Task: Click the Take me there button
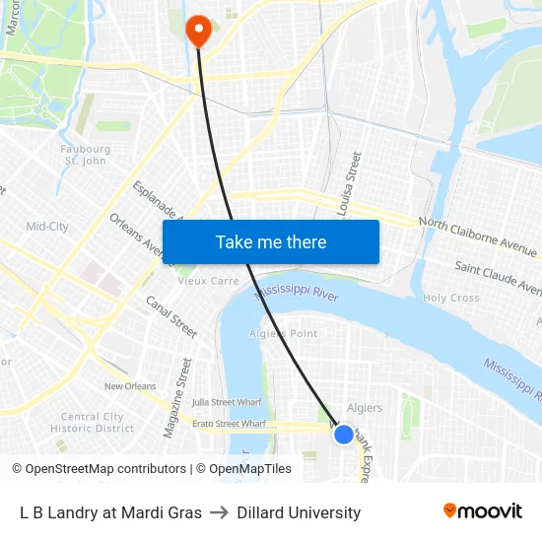[x=271, y=241]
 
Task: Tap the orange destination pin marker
[x=199, y=30]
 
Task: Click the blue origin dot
[x=343, y=434]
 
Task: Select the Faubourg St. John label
[x=84, y=155]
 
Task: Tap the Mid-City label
[x=47, y=227]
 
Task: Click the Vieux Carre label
[x=208, y=281]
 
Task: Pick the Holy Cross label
[x=450, y=298]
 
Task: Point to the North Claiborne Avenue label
[x=478, y=234]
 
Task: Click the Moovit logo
[x=483, y=510]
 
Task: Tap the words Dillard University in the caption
[x=299, y=512]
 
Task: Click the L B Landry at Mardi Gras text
[x=110, y=512]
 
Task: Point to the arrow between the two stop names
[x=219, y=512]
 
